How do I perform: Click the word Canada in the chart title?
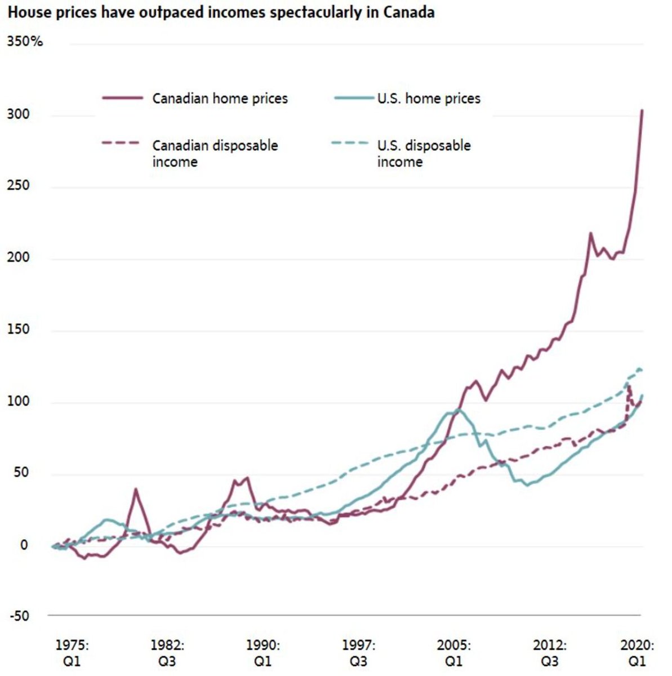(x=408, y=12)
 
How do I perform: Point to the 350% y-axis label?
(x=25, y=41)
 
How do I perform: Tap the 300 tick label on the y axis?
(x=18, y=114)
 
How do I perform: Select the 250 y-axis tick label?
(x=18, y=185)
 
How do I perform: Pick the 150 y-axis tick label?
(x=18, y=329)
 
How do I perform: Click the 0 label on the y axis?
(x=24, y=545)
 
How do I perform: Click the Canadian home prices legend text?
(x=220, y=99)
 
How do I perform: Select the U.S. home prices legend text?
(x=429, y=99)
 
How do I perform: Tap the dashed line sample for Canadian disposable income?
(x=121, y=143)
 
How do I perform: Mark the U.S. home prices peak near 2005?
(x=458, y=409)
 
